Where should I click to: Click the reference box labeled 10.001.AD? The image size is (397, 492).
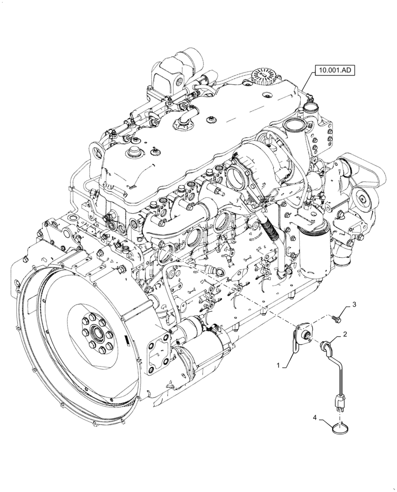[335, 70]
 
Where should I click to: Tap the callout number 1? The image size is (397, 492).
[279, 366]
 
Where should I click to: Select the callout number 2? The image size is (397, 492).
[345, 334]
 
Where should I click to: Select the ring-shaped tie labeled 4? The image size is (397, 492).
[340, 429]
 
